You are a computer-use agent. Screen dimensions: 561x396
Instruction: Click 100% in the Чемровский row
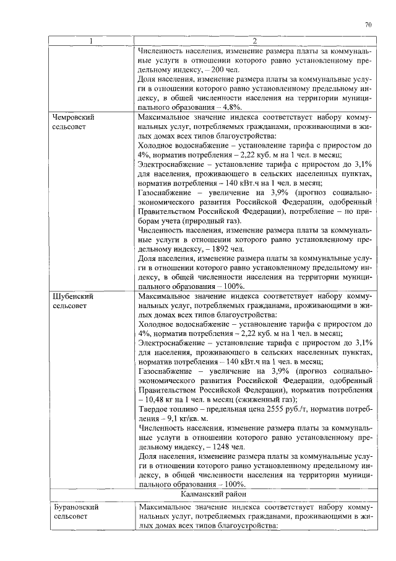pyautogui.click(x=233, y=286)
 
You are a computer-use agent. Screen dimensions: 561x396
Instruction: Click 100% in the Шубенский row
pyautogui.click(x=233, y=484)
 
